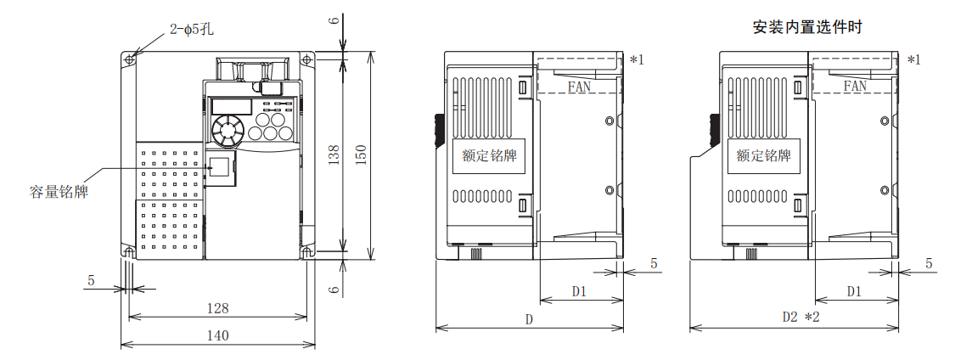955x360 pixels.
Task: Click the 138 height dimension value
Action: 334,154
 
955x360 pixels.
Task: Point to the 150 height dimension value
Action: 362,154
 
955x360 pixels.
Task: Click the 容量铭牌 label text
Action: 59,192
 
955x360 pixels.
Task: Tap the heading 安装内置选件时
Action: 807,27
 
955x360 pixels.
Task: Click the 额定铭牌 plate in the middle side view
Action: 489,156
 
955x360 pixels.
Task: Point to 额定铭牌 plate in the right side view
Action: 763,156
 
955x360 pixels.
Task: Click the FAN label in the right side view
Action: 855,87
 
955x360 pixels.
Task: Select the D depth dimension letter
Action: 528,319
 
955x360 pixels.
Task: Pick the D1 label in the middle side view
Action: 579,291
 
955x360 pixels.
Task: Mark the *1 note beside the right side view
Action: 913,59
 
